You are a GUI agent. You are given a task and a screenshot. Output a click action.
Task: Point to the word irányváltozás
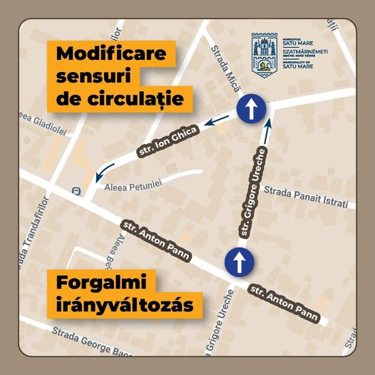point(128,306)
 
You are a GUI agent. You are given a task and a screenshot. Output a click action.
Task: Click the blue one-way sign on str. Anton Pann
point(237,261)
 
